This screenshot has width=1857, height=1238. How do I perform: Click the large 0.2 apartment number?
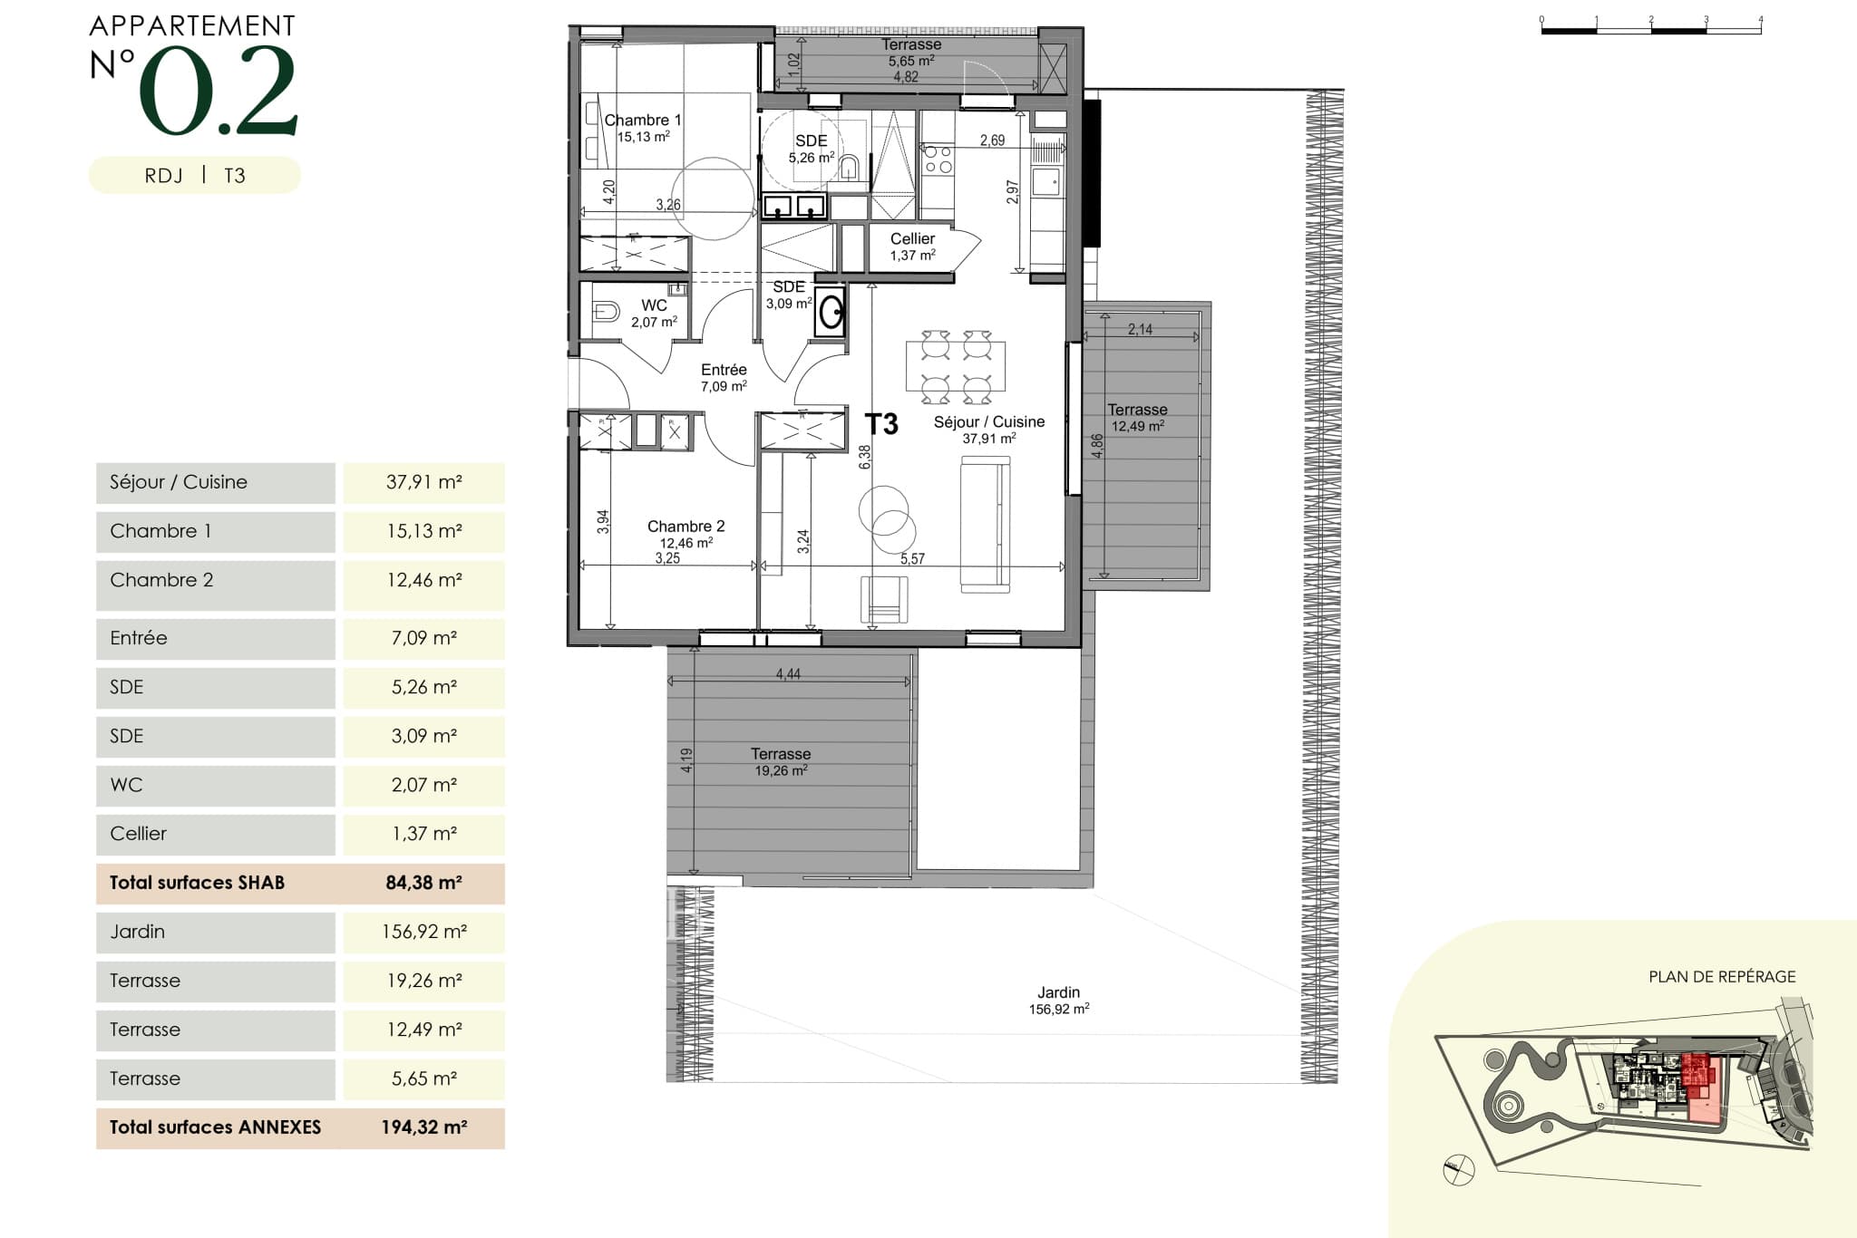click(218, 91)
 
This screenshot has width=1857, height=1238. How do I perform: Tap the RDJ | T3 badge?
click(194, 176)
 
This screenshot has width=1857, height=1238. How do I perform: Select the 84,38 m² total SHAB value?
click(423, 883)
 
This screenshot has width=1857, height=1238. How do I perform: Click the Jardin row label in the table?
click(138, 932)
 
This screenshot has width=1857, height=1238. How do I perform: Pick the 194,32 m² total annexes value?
click(423, 1127)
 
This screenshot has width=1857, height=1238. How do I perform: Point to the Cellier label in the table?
click(139, 834)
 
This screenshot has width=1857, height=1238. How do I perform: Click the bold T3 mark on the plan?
click(881, 424)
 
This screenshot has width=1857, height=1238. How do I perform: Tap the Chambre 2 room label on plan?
click(685, 527)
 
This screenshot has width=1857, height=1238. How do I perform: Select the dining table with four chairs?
click(956, 366)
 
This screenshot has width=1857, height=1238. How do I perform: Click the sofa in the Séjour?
click(985, 525)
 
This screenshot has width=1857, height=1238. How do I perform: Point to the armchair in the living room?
click(884, 599)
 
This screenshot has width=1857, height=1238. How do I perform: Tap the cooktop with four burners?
click(938, 160)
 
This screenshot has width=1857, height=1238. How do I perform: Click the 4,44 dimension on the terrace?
click(788, 674)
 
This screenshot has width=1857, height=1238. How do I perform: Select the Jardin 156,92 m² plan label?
click(1058, 1001)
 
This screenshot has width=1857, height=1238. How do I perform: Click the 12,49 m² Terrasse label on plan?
click(1138, 418)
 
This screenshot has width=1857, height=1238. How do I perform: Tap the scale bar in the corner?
click(1650, 27)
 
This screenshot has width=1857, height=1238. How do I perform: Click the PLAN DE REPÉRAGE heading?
click(1721, 977)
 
